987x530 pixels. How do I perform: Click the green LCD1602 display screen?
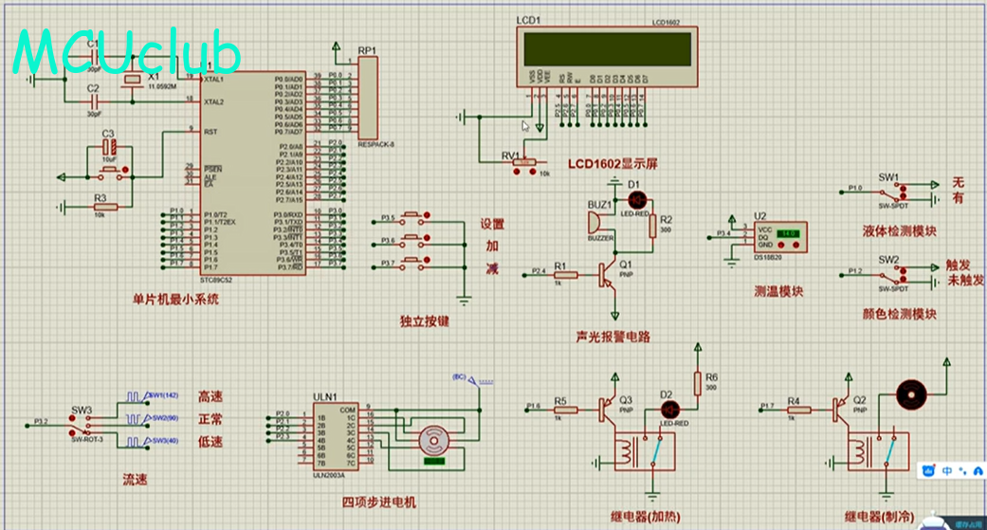(x=608, y=48)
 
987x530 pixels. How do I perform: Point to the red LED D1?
(x=637, y=200)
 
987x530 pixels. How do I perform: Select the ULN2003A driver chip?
(x=335, y=438)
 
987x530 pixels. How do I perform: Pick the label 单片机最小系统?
(x=175, y=300)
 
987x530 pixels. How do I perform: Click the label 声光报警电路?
(x=612, y=337)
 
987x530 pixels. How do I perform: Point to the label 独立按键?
(x=425, y=321)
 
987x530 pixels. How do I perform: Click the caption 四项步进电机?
(x=379, y=503)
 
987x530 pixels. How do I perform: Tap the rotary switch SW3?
(x=82, y=423)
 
